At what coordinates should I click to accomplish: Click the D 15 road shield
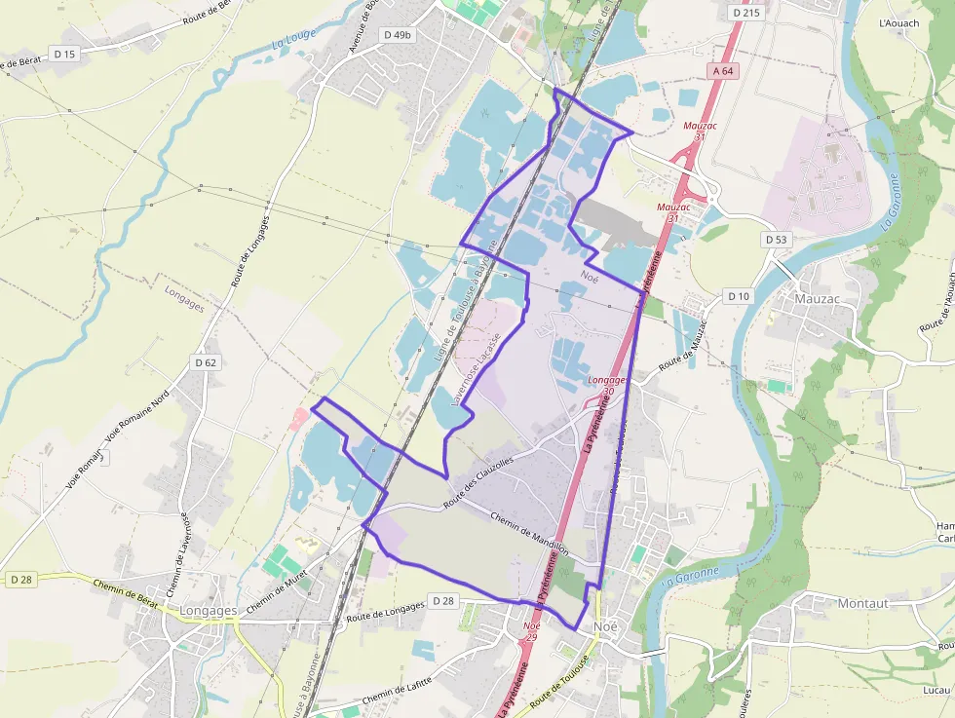[x=64, y=55]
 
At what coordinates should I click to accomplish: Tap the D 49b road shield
[x=398, y=34]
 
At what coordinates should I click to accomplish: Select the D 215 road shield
[x=745, y=13]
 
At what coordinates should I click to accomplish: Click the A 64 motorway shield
[x=721, y=70]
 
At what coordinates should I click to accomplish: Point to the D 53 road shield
[x=776, y=239]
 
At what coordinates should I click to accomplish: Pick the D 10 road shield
[x=739, y=296]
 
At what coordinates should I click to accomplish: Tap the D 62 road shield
[x=205, y=362]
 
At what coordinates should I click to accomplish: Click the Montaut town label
[x=862, y=603]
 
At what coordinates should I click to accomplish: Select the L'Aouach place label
[x=898, y=22]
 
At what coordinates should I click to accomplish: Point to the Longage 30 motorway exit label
[x=607, y=385]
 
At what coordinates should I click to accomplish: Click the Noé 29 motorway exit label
[x=531, y=630]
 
